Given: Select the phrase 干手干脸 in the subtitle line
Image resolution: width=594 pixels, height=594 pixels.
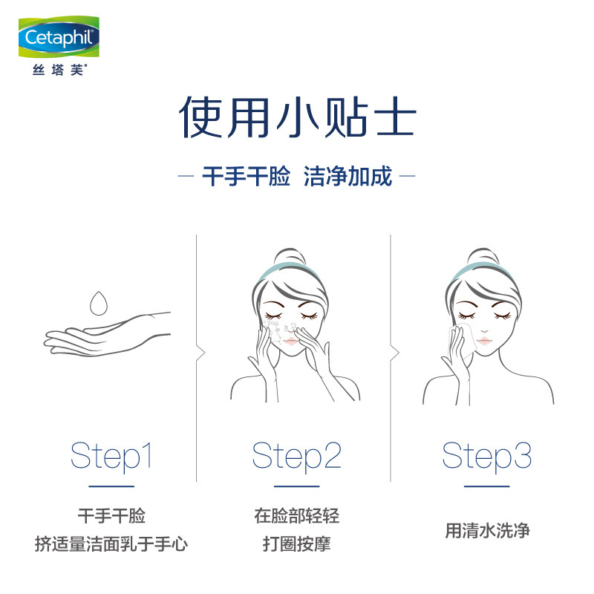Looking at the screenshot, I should (x=246, y=178).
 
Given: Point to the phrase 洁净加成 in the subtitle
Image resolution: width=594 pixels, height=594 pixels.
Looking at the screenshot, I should (x=347, y=178).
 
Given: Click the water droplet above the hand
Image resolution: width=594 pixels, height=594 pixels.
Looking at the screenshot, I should (x=98, y=302).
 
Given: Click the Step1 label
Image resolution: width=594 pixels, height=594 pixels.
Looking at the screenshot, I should (x=111, y=455).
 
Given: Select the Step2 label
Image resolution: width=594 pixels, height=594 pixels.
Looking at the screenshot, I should (x=296, y=455).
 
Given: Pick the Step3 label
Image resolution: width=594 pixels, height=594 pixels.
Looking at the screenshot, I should (x=487, y=455).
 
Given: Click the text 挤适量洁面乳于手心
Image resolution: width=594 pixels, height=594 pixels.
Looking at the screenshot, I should (x=111, y=545).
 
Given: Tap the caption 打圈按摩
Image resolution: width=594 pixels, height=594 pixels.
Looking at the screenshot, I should (x=296, y=545).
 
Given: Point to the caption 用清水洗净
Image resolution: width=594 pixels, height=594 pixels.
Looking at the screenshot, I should (x=487, y=530).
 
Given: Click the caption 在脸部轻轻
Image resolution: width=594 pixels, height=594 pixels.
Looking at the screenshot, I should (x=296, y=516).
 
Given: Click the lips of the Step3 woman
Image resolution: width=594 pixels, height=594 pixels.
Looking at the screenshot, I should (x=483, y=340).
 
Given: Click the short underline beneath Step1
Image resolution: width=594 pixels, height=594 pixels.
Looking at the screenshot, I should (x=111, y=486).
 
